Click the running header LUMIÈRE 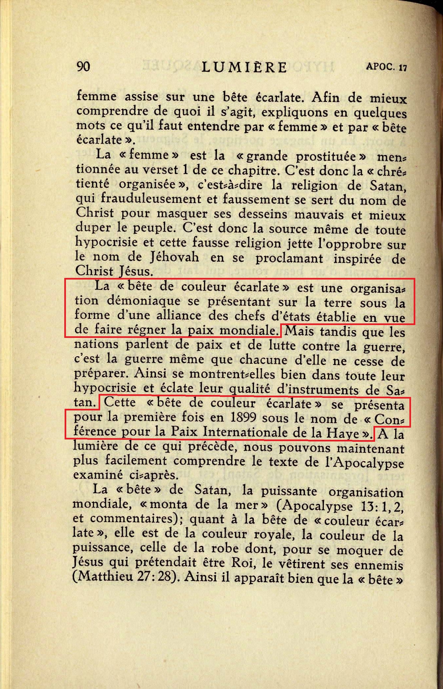pos(244,67)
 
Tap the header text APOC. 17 pos(386,67)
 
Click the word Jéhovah pos(175,257)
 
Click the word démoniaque pos(144,301)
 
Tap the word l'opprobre pos(349,245)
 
